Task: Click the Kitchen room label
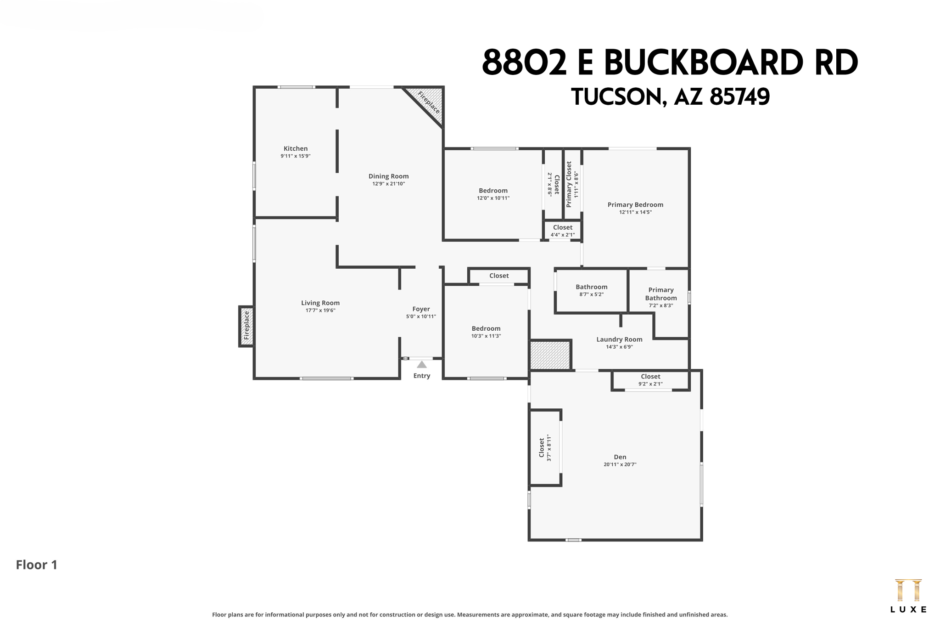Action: tap(296, 148)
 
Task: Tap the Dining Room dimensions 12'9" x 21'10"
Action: tap(388, 184)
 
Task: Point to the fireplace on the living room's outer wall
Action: tap(246, 326)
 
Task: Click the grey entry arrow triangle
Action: tap(422, 365)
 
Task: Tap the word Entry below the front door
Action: tap(421, 376)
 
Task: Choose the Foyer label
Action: tap(421, 309)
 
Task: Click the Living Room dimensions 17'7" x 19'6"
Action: tap(320, 311)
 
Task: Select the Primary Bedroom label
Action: tap(635, 205)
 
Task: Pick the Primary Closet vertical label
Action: tap(569, 184)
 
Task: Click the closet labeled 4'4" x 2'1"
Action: tap(563, 231)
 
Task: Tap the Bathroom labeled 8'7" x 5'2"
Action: tap(591, 290)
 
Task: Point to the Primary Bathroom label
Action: tap(660, 294)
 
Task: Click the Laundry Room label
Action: tap(619, 339)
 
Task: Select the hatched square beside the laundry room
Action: tap(550, 354)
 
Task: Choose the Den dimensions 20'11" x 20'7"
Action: tap(620, 464)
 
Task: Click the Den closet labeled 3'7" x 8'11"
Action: tap(545, 447)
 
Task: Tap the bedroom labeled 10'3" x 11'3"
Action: tap(486, 332)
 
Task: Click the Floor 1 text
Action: tap(37, 565)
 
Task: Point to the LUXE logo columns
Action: tap(908, 591)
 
